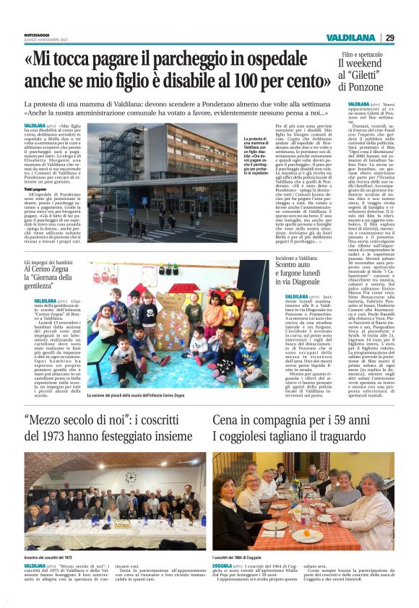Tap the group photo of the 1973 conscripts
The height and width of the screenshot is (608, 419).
pos(116,500)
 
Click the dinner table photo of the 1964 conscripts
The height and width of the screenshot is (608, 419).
pos(303,502)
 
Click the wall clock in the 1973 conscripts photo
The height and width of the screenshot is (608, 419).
pos(131,477)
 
